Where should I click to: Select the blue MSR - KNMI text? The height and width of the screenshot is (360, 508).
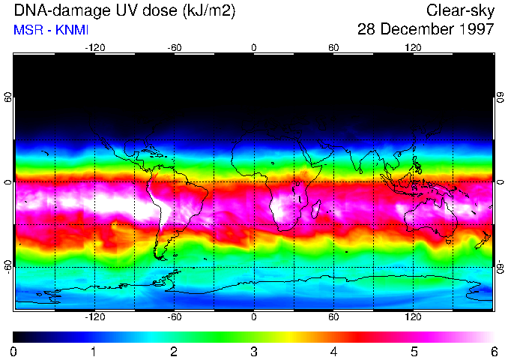click(x=51, y=30)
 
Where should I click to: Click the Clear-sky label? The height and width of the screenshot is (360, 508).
click(x=460, y=11)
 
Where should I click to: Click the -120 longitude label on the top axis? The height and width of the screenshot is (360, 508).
click(x=94, y=47)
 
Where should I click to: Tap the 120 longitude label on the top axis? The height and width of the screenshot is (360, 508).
click(x=413, y=47)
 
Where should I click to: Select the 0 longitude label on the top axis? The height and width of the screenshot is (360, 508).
click(x=254, y=47)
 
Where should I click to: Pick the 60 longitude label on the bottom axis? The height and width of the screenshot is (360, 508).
click(x=333, y=317)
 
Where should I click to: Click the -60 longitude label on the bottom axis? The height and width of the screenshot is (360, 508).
click(x=174, y=317)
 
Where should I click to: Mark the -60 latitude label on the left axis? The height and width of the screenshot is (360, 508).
click(x=8, y=266)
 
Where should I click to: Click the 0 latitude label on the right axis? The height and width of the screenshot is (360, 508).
click(x=500, y=182)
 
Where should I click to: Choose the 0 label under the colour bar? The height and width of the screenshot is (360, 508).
click(x=14, y=351)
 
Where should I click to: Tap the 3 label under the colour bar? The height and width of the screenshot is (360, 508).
click(x=254, y=351)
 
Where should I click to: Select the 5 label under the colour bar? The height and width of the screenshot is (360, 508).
click(x=414, y=351)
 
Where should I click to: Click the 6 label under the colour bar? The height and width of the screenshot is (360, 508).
click(x=494, y=351)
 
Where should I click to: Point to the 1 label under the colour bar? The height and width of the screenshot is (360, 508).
click(x=94, y=351)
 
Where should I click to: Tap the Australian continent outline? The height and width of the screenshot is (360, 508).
click(x=432, y=217)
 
